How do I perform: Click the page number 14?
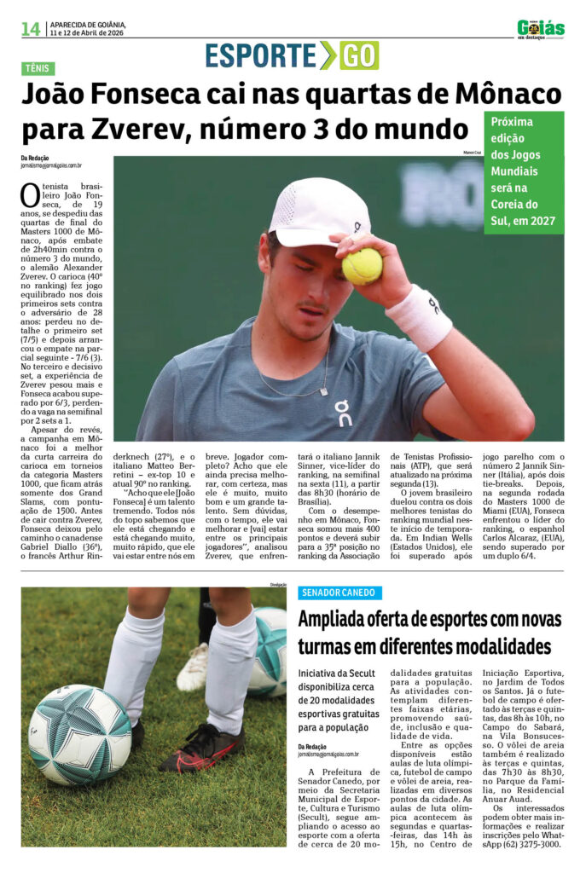tap(31, 29)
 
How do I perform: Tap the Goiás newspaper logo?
tap(540, 29)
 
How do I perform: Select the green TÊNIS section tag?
tap(38, 69)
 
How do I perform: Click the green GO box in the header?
tap(359, 55)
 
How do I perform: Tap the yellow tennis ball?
tap(362, 266)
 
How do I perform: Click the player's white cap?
tap(318, 212)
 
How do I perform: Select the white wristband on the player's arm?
tap(419, 317)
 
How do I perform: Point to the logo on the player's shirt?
tap(343, 413)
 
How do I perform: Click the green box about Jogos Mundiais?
tap(524, 172)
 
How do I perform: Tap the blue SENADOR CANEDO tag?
tap(339, 593)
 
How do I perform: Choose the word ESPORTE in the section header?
tap(260, 55)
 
